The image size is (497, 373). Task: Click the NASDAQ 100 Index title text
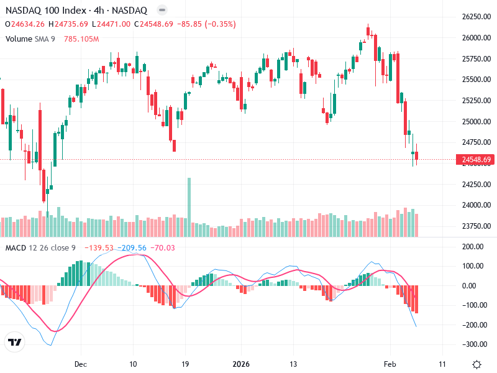[47, 11]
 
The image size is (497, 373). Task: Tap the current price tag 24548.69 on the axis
[476, 160]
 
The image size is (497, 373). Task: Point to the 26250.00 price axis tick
[476, 17]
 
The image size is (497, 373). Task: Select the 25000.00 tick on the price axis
[476, 121]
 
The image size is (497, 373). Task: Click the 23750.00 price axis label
[476, 226]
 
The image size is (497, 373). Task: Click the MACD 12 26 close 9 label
[40, 248]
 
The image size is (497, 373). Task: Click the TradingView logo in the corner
[15, 343]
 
